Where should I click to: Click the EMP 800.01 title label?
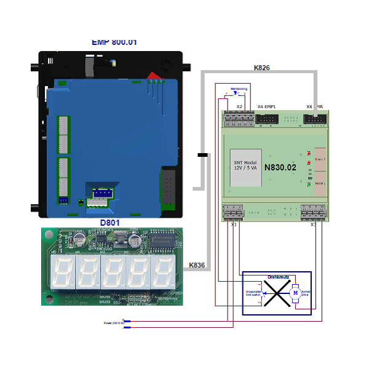click(114, 42)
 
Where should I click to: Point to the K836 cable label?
click(197, 265)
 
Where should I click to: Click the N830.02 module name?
click(280, 167)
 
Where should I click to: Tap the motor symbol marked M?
click(295, 293)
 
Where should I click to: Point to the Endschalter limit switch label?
click(253, 293)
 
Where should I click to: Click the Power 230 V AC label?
click(113, 322)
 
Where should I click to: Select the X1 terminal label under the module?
click(234, 224)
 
